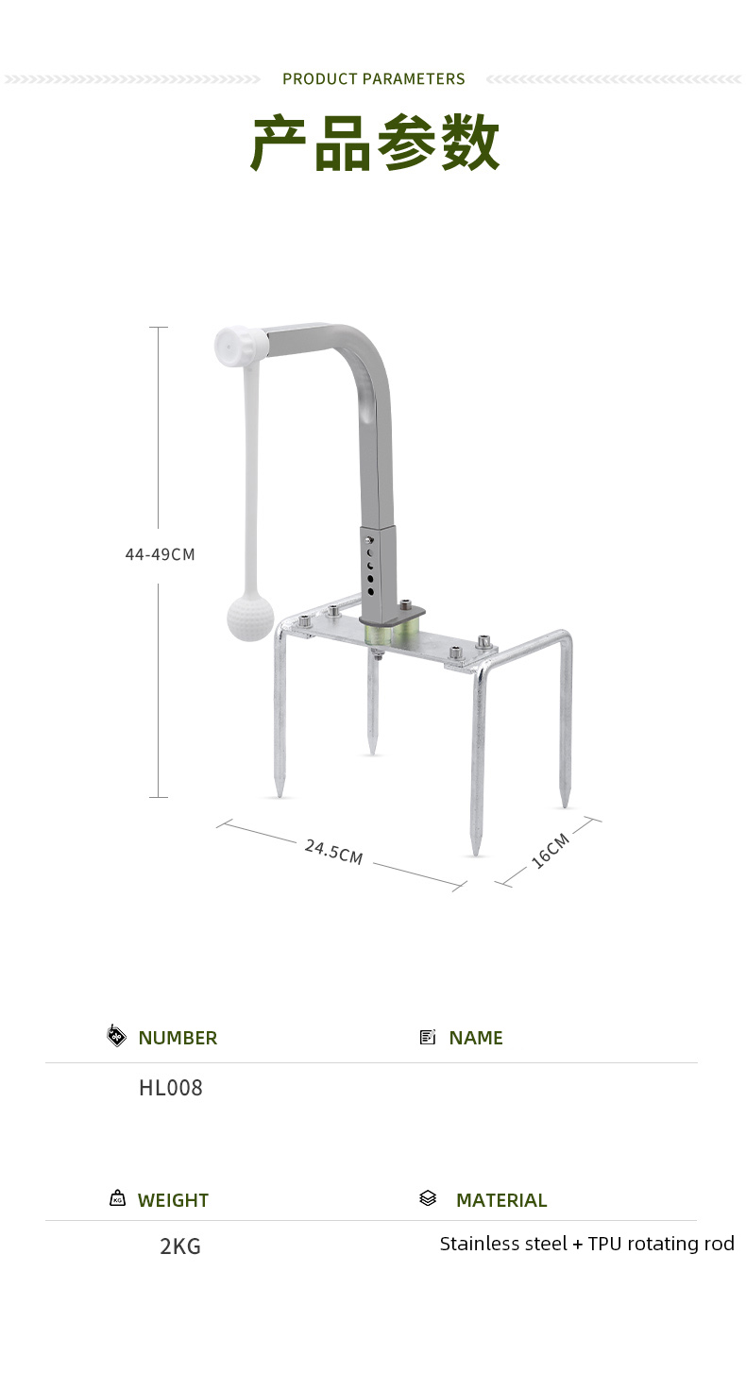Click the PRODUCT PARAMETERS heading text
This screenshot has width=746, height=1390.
click(x=373, y=79)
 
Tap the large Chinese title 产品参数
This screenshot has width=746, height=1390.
click(x=374, y=144)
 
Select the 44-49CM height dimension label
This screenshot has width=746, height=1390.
click(x=160, y=554)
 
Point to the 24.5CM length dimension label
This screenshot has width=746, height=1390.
click(x=333, y=851)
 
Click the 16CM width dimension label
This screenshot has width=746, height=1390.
click(x=551, y=850)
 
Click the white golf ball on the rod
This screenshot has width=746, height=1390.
click(x=249, y=619)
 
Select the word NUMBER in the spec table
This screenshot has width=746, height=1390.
click(x=178, y=1038)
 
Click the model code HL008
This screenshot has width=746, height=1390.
click(x=171, y=1088)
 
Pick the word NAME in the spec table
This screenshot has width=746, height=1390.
click(x=476, y=1038)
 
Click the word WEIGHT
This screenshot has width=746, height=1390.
click(x=173, y=1200)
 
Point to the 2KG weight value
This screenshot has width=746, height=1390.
click(x=180, y=1246)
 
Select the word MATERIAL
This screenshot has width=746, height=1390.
click(x=501, y=1200)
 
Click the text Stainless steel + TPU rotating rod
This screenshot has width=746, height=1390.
click(x=586, y=1244)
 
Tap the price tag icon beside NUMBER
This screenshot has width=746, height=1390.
click(x=116, y=1036)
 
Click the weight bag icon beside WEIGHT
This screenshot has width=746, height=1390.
click(x=117, y=1198)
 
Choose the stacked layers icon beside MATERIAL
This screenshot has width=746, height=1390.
click(x=428, y=1198)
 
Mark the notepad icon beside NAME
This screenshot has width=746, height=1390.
click(x=428, y=1037)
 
